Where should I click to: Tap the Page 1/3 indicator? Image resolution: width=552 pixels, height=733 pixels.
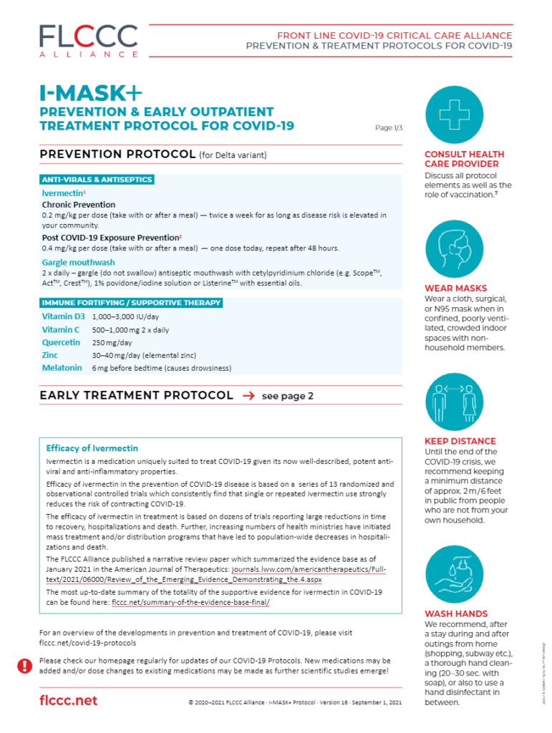point(389,128)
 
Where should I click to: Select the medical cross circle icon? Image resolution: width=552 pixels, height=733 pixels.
point(454,115)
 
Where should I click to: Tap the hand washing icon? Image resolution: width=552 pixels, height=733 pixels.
point(454,573)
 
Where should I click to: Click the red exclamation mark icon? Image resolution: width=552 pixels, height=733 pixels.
point(24,666)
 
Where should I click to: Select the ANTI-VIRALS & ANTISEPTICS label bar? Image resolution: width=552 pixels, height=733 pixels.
point(97,180)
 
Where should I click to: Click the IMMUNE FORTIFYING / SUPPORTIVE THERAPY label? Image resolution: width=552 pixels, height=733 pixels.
point(131,303)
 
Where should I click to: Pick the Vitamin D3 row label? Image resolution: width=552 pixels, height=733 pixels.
point(63,316)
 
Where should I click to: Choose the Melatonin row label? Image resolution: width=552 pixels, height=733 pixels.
point(62,369)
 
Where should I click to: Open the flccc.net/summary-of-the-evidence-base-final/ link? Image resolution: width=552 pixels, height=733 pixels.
point(190,603)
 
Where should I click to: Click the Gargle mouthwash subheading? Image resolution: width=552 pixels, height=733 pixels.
point(78,263)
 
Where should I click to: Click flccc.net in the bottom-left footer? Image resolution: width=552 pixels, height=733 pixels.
point(68,700)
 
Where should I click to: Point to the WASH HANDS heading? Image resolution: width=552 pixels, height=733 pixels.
point(456,613)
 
